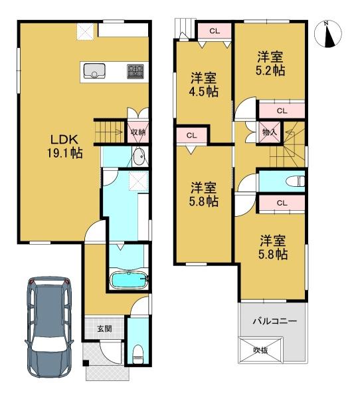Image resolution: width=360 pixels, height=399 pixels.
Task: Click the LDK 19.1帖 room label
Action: [64, 146]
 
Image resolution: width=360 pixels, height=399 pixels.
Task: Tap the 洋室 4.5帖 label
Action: [204, 84]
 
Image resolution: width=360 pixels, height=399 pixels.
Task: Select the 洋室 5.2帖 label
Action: [270, 64]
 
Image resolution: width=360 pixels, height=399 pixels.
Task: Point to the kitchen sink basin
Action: [94, 70]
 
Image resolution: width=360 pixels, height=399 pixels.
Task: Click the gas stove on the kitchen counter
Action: [135, 72]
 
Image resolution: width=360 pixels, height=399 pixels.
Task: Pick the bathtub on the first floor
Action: [129, 281]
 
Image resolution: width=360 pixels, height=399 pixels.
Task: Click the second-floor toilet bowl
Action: [295, 182]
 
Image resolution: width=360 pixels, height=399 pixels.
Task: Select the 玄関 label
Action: [104, 329]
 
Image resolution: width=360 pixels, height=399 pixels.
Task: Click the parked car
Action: [49, 327]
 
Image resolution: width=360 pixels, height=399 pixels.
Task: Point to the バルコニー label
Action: [274, 321]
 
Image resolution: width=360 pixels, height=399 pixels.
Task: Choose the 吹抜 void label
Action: [260, 350]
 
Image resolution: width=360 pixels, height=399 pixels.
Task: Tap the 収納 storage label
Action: [138, 132]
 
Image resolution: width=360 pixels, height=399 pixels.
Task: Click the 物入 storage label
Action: [270, 132]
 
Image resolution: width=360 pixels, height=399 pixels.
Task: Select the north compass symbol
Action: [328, 34]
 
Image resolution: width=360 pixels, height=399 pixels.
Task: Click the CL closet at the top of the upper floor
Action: [215, 31]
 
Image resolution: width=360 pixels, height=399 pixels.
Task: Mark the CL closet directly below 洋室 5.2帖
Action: [282, 111]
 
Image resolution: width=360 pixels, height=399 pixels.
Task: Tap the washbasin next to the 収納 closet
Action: [139, 156]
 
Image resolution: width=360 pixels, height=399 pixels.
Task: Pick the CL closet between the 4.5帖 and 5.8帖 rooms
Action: [192, 136]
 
